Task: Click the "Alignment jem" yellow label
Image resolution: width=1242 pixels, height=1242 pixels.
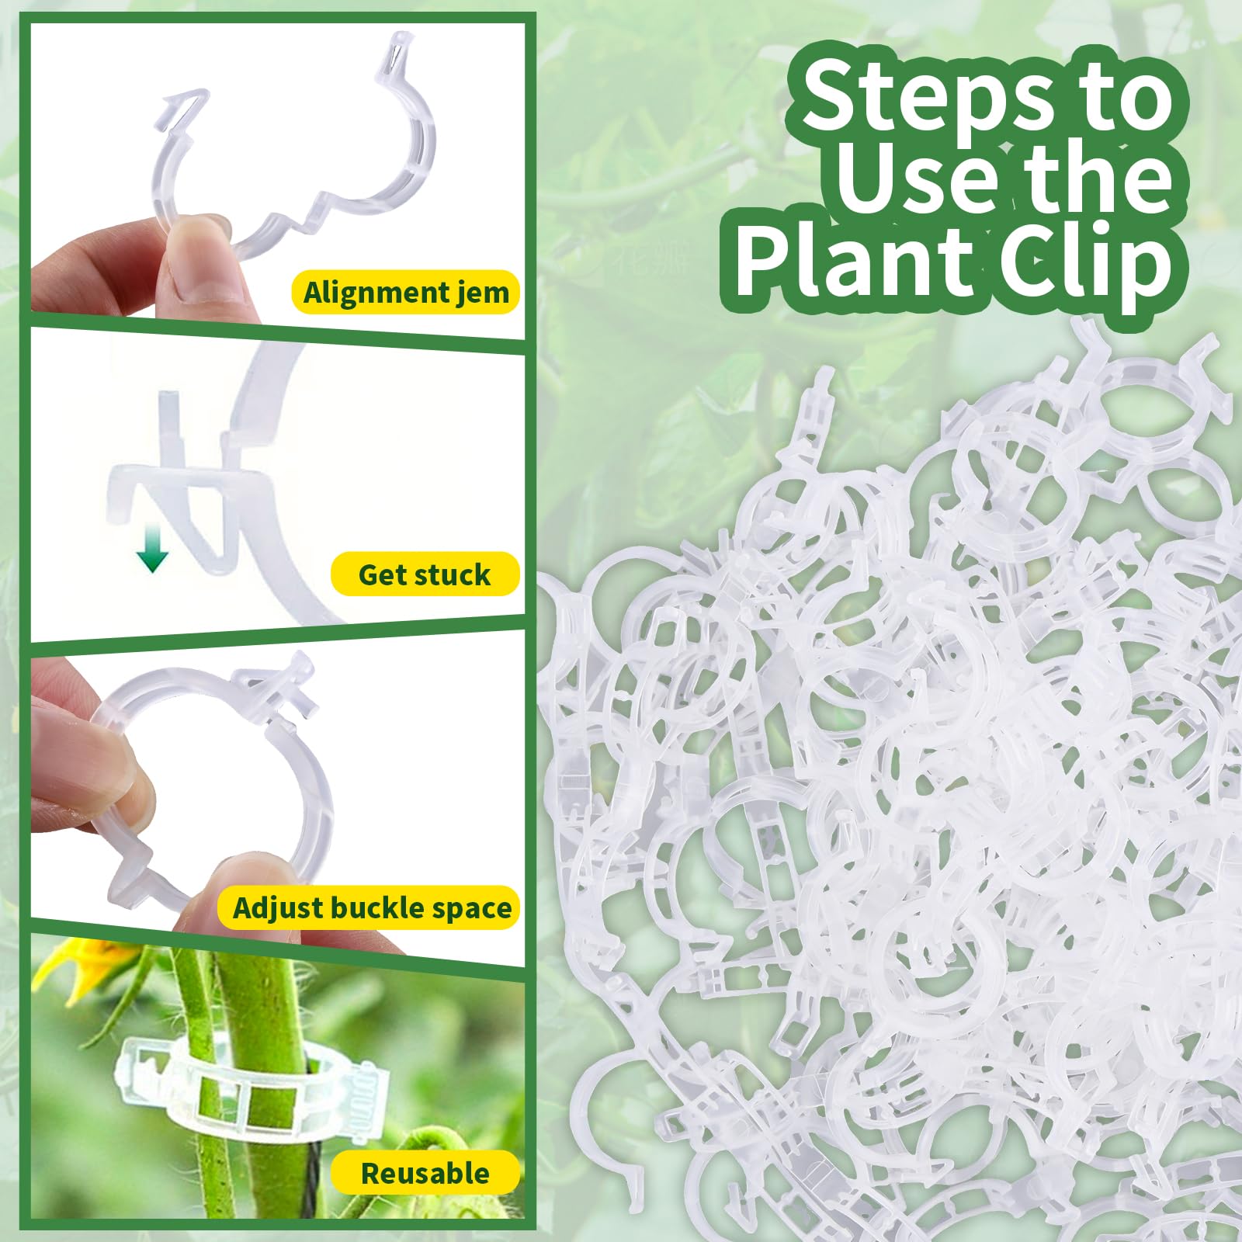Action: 405,293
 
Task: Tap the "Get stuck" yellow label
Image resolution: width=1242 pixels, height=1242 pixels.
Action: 425,574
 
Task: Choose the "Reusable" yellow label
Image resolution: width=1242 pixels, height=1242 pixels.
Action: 425,1173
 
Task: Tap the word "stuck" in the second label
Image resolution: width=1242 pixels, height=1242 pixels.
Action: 453,574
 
